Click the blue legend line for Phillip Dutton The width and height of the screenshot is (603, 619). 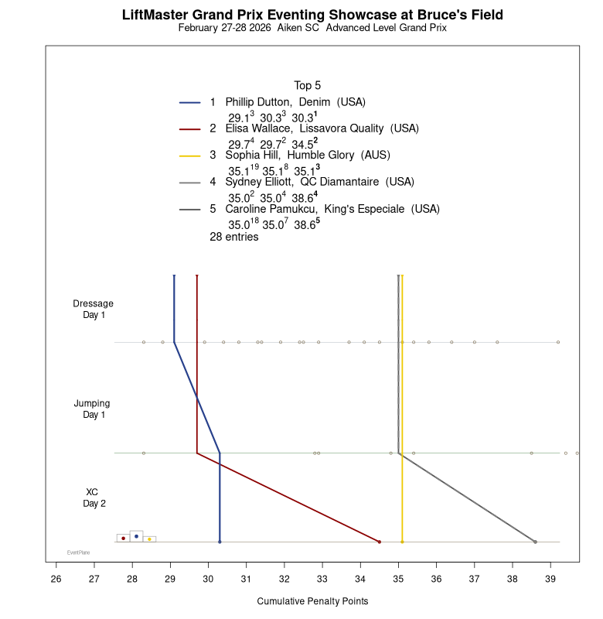190,102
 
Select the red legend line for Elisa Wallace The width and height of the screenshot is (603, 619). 190,128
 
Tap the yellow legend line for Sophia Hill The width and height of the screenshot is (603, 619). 190,155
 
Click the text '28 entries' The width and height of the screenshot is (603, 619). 234,238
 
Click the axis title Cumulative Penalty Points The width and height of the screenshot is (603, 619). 312,601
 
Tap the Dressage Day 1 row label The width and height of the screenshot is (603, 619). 94,309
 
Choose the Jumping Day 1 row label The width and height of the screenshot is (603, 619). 93,409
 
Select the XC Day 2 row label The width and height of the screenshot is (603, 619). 93,498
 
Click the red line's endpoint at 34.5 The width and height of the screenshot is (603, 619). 380,542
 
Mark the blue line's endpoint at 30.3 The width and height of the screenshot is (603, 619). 220,542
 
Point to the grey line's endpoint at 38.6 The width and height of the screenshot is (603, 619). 535,542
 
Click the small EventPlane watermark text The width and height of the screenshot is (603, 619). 78,552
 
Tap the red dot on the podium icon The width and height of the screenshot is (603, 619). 123,539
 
